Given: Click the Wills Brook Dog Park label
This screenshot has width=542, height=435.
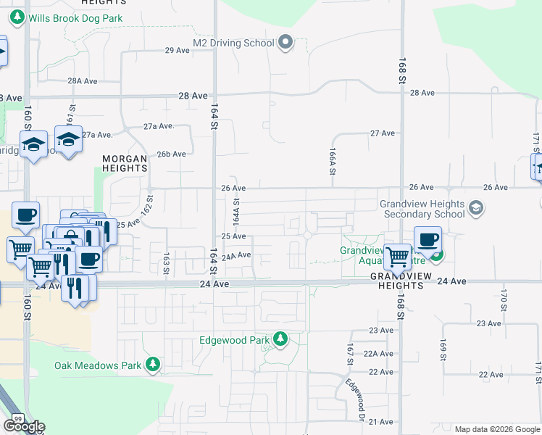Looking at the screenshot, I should click(x=76, y=18).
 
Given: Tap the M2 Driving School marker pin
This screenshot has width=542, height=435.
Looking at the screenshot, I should click(x=285, y=43).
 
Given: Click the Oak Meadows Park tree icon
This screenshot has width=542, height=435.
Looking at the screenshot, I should click(x=153, y=365).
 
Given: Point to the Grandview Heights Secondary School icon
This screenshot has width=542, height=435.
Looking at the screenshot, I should click(x=475, y=209).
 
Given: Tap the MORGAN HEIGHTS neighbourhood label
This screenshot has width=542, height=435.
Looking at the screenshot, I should click(x=125, y=162).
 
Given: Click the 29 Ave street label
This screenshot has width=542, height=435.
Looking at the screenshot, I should click(x=178, y=50).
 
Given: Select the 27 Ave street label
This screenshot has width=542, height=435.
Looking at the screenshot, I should click(x=382, y=133).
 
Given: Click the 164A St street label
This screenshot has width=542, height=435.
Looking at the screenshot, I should click(x=236, y=211).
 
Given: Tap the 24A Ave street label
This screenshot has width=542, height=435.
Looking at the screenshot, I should click(x=236, y=256).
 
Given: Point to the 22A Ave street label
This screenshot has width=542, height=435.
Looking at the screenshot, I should click(x=378, y=354).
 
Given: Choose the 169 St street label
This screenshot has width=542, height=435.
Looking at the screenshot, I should click(x=443, y=348).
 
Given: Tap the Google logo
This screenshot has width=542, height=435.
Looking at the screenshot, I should click(x=24, y=426).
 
